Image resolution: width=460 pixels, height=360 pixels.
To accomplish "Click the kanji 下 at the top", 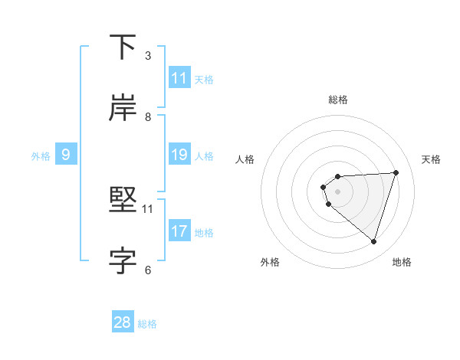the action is click(x=123, y=47).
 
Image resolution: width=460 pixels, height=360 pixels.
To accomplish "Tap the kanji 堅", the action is click(x=123, y=201).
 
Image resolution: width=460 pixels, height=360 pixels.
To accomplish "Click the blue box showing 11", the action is click(x=179, y=78).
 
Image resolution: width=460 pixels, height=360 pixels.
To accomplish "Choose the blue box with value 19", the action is click(x=179, y=155).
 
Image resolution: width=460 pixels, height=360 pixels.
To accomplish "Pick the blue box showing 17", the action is click(x=179, y=231).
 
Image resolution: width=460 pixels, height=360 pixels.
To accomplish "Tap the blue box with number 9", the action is click(x=66, y=155).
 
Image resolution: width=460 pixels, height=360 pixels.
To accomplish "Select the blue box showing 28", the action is click(x=123, y=322).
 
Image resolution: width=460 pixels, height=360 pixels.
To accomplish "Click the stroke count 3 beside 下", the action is click(x=148, y=55).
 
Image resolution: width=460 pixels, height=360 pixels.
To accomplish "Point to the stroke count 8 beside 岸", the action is click(x=148, y=116).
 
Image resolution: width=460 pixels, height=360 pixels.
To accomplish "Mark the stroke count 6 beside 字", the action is click(x=148, y=269).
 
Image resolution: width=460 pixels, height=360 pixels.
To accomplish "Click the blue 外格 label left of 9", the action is click(x=41, y=155).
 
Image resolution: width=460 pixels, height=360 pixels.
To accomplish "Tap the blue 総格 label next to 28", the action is click(x=147, y=323).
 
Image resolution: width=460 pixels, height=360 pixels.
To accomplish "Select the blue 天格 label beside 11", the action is click(x=204, y=79).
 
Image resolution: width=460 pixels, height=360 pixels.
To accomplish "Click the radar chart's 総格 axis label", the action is click(x=338, y=100).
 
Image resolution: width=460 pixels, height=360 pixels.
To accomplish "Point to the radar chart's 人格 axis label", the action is click(x=245, y=159).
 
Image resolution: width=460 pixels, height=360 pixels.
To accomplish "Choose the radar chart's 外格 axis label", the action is click(x=270, y=262).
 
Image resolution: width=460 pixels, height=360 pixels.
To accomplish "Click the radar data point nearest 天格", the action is click(x=396, y=172).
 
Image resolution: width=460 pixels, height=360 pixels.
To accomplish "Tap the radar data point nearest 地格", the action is click(x=373, y=241).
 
